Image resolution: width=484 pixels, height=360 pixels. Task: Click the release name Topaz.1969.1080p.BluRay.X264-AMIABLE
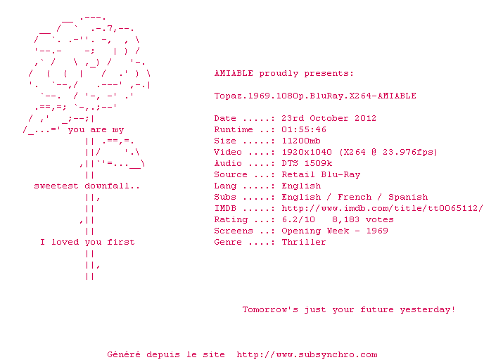315,96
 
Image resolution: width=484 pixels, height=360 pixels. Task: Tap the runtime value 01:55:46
304,129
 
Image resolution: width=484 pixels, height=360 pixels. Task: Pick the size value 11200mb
301,141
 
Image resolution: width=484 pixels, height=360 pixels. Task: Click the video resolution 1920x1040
307,152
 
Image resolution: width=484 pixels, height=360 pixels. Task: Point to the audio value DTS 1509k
307,163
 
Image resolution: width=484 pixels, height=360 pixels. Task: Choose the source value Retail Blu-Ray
321,174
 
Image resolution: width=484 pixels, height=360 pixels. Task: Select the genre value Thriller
304,242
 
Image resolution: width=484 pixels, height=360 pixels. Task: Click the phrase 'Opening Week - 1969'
335,231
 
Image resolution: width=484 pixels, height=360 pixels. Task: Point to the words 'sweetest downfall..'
87,186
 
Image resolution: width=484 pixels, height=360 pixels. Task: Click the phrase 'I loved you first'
87,242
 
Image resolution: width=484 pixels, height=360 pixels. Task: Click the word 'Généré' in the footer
124,354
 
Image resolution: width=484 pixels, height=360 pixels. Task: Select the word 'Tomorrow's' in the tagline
270,309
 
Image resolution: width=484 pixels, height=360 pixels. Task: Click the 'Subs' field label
225,197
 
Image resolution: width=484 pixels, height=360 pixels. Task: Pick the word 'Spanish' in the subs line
408,197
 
